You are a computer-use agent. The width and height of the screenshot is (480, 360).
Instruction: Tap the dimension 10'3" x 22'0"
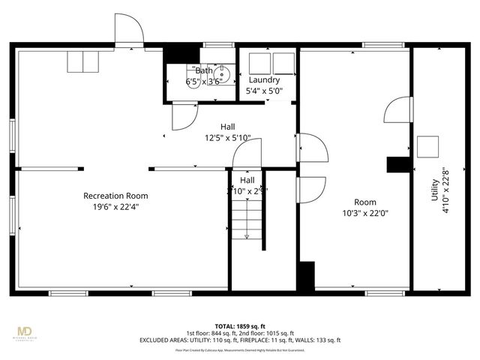365,213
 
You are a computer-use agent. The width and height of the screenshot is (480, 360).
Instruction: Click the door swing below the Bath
184,115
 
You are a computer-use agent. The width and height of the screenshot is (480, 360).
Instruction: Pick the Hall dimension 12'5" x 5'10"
227,138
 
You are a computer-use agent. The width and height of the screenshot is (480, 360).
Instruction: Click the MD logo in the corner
25,331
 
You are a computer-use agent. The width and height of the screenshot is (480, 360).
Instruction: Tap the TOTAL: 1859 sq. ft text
239,325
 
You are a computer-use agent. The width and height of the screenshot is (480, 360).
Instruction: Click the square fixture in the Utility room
427,146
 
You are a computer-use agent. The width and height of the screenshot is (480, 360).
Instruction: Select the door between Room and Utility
397,109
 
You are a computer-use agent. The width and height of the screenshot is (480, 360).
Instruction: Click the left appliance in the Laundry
259,62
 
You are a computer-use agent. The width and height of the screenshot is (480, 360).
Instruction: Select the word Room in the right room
365,202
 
